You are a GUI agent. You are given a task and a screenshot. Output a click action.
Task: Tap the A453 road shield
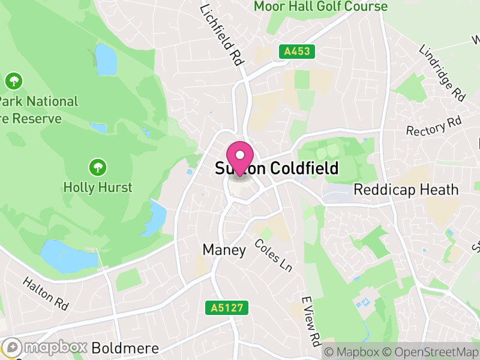pyautogui.click(x=297, y=52)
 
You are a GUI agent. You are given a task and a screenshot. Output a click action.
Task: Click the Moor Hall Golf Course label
pyautogui.click(x=320, y=7)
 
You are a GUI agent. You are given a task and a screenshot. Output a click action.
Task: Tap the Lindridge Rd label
pyautogui.click(x=443, y=73)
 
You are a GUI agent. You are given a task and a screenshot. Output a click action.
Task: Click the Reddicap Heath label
pyautogui.click(x=406, y=190)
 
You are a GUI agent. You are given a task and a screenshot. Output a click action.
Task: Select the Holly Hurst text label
pyautogui.click(x=98, y=187)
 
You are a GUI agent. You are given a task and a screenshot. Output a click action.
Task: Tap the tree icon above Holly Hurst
pyautogui.click(x=98, y=166)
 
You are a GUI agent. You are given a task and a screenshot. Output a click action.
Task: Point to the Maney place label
pyautogui.click(x=224, y=250)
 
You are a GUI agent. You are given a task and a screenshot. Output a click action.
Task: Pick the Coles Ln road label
pyautogui.click(x=273, y=255)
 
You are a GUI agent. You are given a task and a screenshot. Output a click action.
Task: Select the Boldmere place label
pyautogui.click(x=125, y=348)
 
